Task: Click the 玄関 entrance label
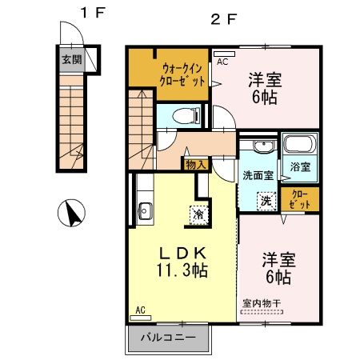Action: [x=70, y=58]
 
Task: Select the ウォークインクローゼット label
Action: [x=184, y=75]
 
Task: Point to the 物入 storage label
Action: [x=195, y=164]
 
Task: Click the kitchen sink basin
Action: [x=146, y=212]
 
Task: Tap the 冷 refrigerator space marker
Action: [x=195, y=214]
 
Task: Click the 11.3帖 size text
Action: [x=182, y=270]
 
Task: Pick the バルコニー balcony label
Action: [x=169, y=338]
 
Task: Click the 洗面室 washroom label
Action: [x=258, y=175]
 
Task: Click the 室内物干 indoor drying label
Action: [x=262, y=303]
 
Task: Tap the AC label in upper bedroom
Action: [x=222, y=62]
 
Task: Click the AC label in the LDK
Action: [x=140, y=310]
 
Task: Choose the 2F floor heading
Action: [x=224, y=21]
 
